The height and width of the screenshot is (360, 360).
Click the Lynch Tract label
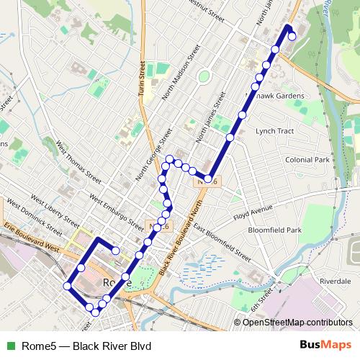pyautogui.click(x=276, y=131)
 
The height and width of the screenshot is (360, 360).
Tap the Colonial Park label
pyautogui.click(x=307, y=159)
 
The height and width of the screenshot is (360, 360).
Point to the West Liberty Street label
pyautogui.click(x=50, y=210)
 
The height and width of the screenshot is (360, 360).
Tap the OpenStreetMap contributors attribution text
pyautogui.click(x=297, y=322)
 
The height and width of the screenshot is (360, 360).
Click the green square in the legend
pyautogui.click(x=10, y=346)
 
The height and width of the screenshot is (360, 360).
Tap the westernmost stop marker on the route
pyautogui.click(x=67, y=286)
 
